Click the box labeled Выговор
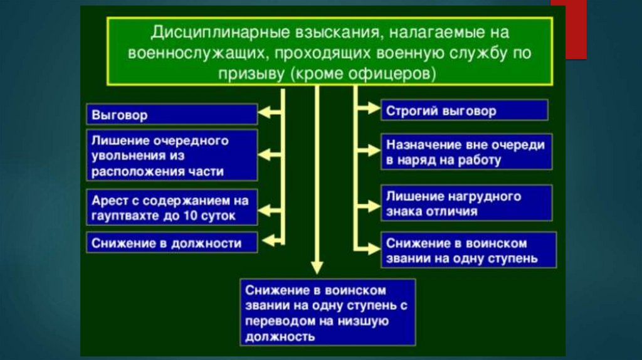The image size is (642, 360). tap(171, 115)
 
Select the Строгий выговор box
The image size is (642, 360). tap(464, 111)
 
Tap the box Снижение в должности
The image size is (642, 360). tap(171, 241)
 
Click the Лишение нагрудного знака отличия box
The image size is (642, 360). tap(466, 203)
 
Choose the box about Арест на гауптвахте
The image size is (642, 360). tap(171, 208)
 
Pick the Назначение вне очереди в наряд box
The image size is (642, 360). tap(466, 151)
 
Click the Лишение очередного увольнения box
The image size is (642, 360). tap(171, 155)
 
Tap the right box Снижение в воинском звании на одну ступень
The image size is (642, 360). tap(468, 250)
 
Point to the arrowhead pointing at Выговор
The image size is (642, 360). tap(266, 114)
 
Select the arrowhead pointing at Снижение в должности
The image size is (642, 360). tap(266, 240)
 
